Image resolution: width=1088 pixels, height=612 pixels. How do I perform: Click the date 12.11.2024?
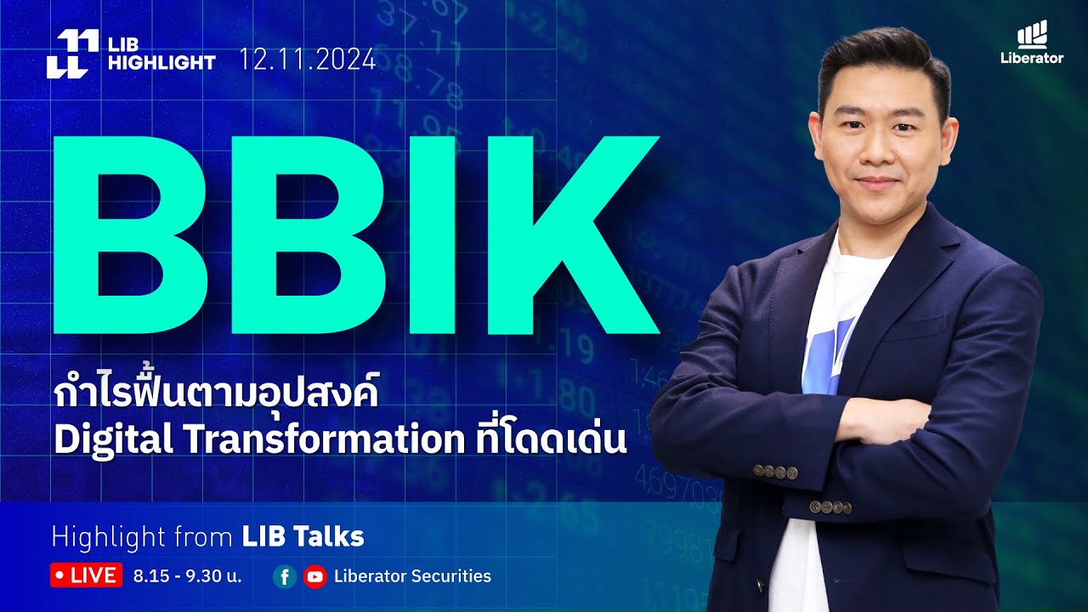coord(307,59)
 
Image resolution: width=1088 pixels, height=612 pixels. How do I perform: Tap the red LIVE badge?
coord(86,575)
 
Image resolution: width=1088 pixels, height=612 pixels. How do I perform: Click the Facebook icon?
coord(285,577)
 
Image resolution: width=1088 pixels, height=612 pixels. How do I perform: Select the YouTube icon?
coord(314,577)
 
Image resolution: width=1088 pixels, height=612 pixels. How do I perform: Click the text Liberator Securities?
coord(412,576)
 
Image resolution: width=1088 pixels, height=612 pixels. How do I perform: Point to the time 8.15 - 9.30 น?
coord(188,576)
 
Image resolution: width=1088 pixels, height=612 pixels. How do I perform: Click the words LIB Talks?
coord(303,536)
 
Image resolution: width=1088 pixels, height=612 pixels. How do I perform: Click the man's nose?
coord(878,154)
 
